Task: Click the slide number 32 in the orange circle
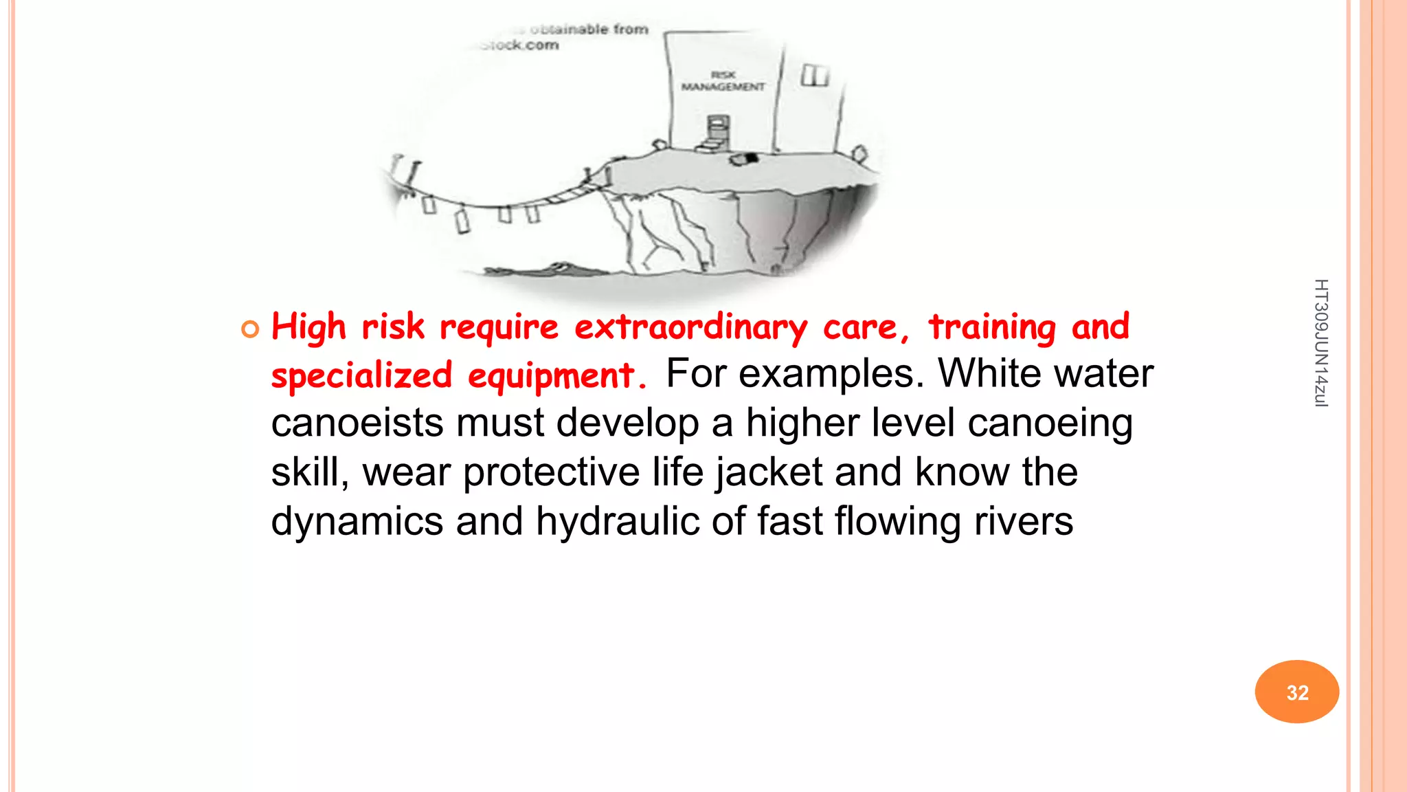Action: pyautogui.click(x=1297, y=692)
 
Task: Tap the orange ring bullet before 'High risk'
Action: pyautogui.click(x=251, y=329)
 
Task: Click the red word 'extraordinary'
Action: pyautogui.click(x=691, y=327)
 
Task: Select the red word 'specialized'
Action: pyautogui.click(x=361, y=376)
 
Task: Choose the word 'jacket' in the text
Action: pyautogui.click(x=769, y=472)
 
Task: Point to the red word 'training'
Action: pyautogui.click(x=992, y=327)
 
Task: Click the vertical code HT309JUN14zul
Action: pyautogui.click(x=1320, y=343)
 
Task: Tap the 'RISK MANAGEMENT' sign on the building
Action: pyautogui.click(x=723, y=80)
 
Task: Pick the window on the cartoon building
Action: pyautogui.click(x=815, y=75)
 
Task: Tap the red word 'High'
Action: pyautogui.click(x=308, y=327)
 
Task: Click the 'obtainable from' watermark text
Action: pyautogui.click(x=589, y=30)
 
